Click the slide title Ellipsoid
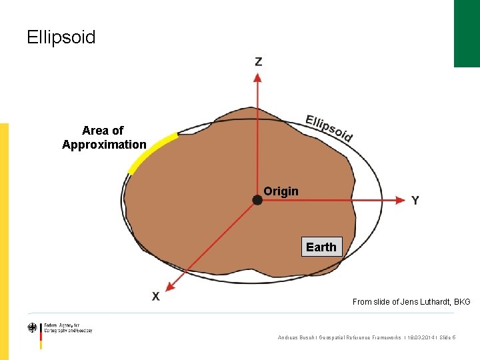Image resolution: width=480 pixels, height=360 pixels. (61, 37)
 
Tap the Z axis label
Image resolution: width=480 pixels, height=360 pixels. (259, 62)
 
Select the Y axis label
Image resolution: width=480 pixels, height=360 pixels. (415, 200)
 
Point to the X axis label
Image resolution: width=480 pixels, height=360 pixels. (155, 296)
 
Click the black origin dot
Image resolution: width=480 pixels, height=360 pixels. (257, 199)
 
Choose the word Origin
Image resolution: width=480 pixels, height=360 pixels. (281, 191)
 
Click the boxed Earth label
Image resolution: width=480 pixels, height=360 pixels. (321, 247)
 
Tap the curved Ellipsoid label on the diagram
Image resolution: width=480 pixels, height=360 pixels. (329, 128)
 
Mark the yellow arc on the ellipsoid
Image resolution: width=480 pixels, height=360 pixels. (152, 151)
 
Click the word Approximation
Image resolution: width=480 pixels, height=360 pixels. (104, 145)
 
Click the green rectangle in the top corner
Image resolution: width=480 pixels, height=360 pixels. (467, 33)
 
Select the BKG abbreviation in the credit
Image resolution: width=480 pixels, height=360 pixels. (462, 302)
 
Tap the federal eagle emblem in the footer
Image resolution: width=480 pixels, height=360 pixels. (33, 328)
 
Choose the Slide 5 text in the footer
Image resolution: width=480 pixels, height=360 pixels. (447, 338)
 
